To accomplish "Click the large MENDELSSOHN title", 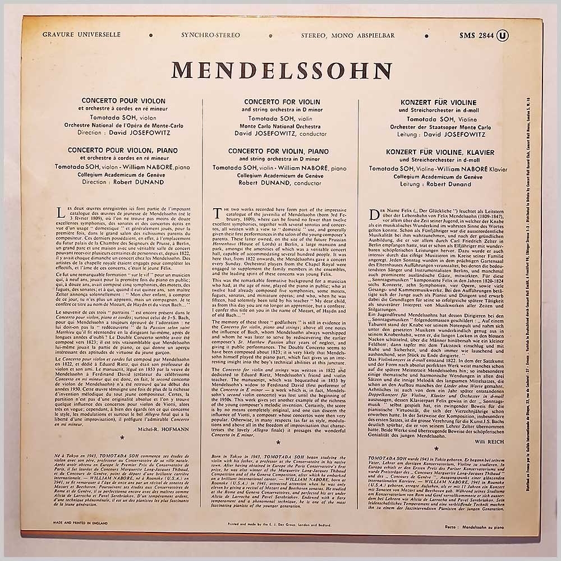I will click(281, 70).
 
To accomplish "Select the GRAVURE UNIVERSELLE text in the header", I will click(81, 35).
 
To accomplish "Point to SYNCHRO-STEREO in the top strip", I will click(210, 35).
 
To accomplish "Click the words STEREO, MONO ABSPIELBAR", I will click(348, 35).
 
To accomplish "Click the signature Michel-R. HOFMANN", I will click(162, 429).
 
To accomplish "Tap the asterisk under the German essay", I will click(436, 448).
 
